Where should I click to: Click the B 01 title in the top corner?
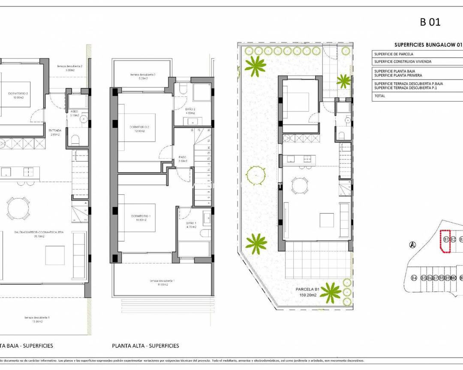[430, 22]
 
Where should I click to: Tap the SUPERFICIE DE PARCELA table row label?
[394, 54]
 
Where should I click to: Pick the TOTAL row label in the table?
[380, 96]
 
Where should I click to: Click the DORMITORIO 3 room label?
[18, 93]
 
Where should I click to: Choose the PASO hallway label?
[182, 157]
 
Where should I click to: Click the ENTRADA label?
[55, 131]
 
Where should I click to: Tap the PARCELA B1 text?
[307, 289]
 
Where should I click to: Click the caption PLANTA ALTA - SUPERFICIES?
[145, 346]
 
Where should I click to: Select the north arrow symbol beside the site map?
[412, 245]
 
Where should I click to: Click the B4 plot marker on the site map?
[414, 278]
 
